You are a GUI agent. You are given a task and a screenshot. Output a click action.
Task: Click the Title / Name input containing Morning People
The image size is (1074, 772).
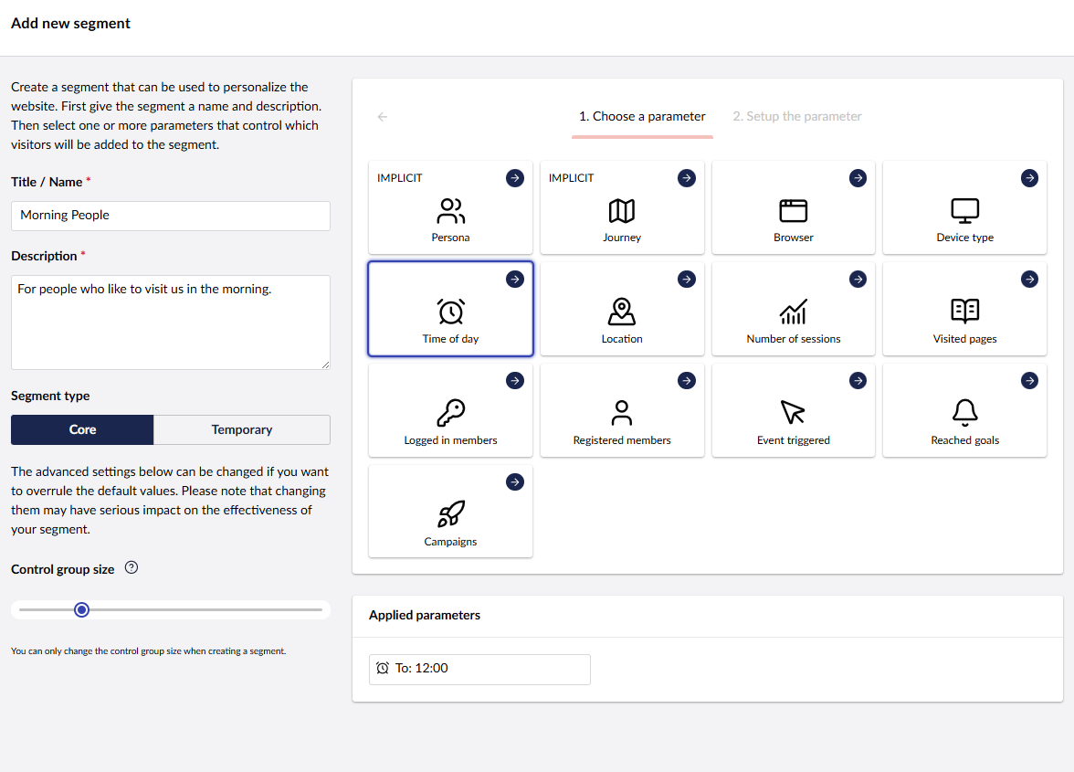point(170,216)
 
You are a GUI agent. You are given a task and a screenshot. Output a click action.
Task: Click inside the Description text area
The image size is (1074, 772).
point(170,322)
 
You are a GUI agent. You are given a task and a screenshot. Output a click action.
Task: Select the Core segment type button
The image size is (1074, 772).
point(82,429)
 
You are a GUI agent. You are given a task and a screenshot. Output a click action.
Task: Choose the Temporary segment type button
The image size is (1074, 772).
point(242,429)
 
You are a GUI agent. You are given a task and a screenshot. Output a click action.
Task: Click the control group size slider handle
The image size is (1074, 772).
point(81,609)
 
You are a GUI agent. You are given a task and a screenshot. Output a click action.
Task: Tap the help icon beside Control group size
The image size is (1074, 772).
point(132,568)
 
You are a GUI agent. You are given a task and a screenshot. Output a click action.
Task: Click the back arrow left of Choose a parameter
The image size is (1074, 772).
point(383,117)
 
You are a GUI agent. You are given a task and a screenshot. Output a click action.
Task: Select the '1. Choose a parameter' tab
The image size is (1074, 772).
point(642,117)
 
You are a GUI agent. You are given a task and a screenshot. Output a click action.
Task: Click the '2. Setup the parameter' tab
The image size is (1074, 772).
point(796,117)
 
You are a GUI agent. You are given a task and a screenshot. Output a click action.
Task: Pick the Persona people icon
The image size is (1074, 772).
point(450,211)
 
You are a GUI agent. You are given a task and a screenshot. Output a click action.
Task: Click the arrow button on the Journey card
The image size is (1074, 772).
point(686,178)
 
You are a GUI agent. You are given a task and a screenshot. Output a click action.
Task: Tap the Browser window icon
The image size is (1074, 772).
point(793,211)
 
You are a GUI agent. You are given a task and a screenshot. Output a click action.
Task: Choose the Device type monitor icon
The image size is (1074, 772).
point(964,211)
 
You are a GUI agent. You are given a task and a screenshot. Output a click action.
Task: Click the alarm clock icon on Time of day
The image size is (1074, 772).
point(450,312)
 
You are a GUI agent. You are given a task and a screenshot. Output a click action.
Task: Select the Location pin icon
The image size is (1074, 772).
point(622,312)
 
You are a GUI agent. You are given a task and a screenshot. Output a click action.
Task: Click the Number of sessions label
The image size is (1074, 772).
point(793,339)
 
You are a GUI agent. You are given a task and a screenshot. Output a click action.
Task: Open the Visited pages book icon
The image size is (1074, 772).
point(964,312)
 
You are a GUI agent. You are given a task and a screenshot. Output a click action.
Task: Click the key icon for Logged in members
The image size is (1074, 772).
point(450,413)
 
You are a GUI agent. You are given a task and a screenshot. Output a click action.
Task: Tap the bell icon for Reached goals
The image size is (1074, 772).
point(964,413)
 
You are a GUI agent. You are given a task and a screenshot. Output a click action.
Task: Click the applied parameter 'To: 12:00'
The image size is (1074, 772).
point(479,669)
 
